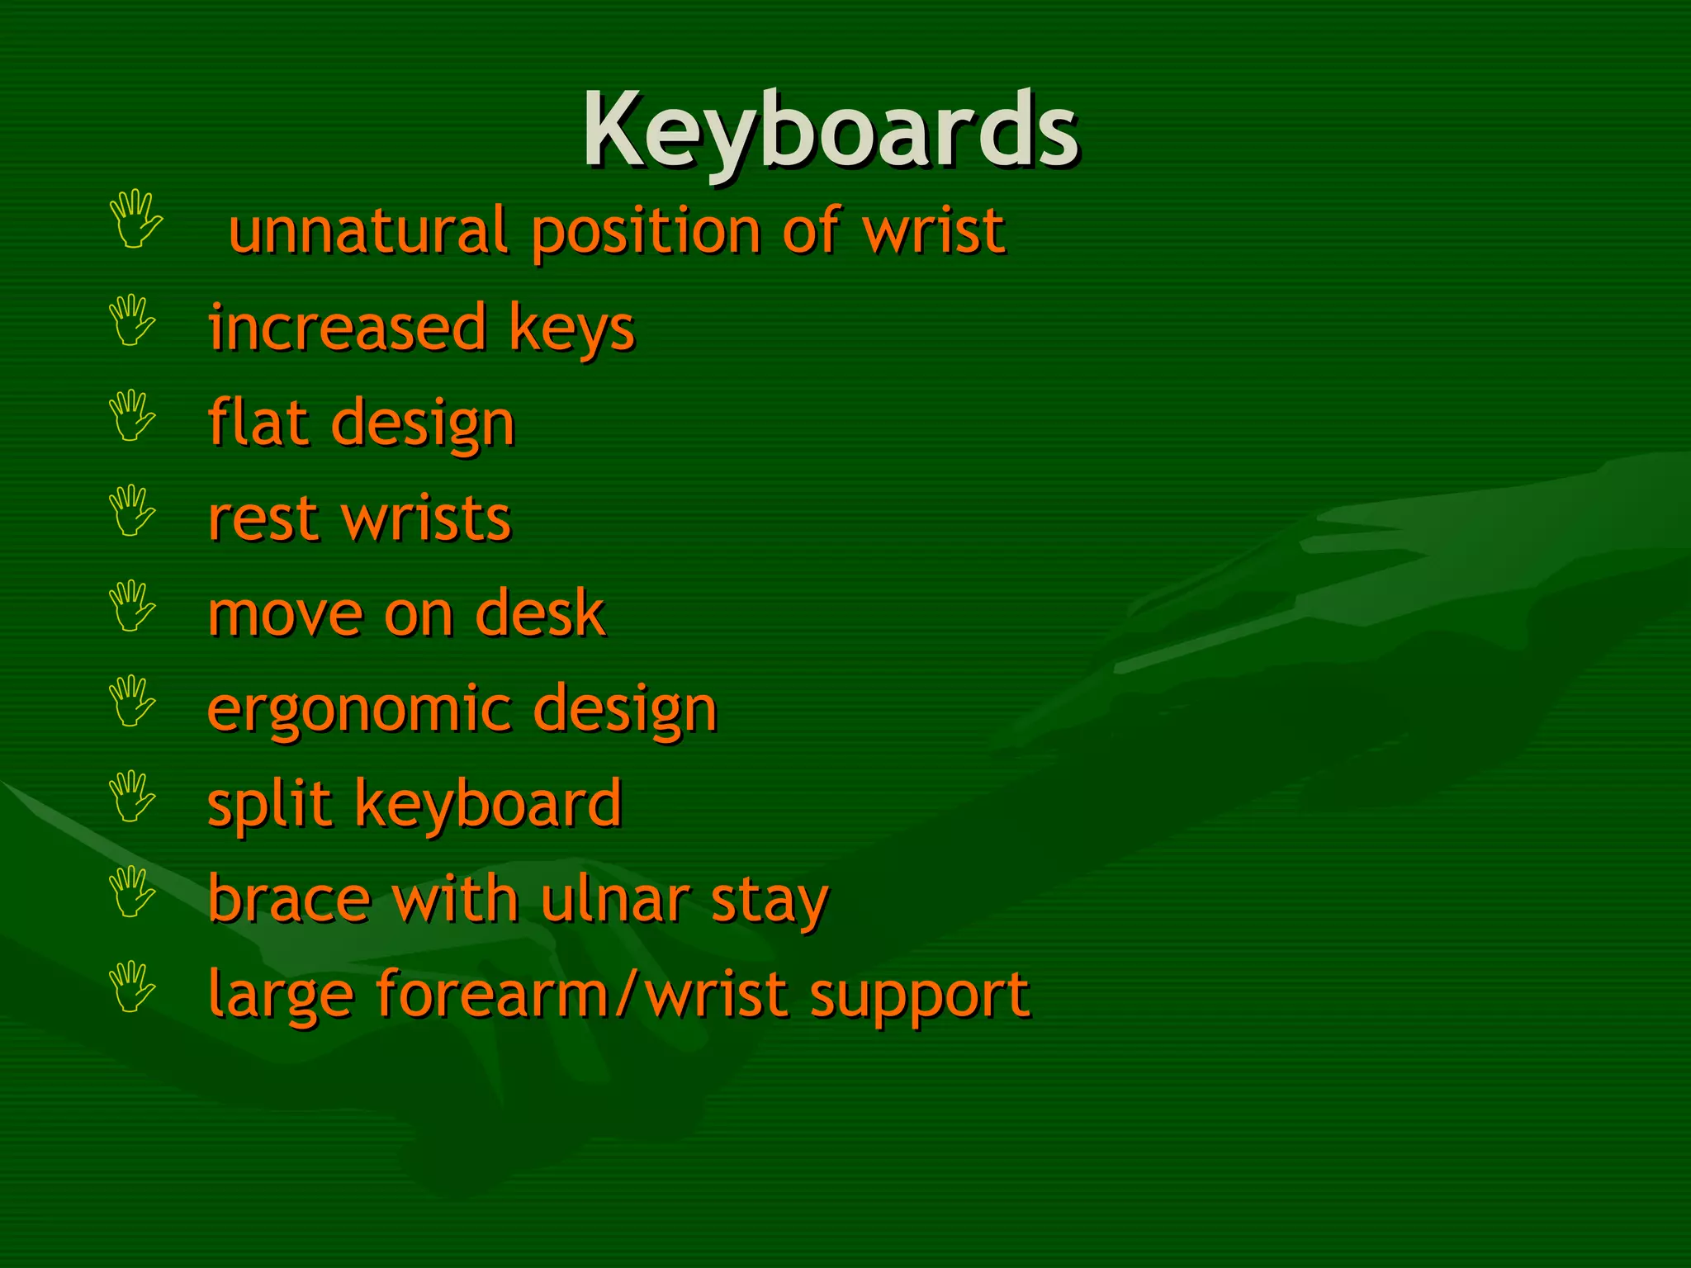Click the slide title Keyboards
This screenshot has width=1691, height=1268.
pos(830,130)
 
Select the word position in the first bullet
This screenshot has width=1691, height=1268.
pos(646,233)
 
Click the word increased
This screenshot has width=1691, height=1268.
pos(347,328)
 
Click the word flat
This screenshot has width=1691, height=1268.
pos(258,423)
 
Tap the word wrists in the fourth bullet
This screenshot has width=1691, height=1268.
pos(427,518)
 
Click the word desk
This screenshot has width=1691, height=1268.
pos(541,613)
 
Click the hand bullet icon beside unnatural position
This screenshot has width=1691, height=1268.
pos(135,219)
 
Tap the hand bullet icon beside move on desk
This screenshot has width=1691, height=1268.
pos(132,606)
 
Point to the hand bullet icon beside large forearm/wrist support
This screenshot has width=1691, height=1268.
pos(132,986)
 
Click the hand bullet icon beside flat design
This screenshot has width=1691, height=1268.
pos(132,415)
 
